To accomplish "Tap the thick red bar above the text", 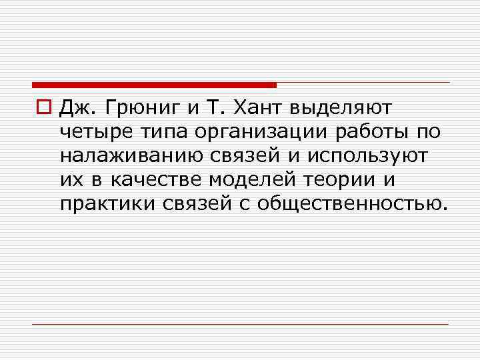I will point(154,85).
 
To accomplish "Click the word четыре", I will point(94,133).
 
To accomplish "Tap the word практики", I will point(107,203).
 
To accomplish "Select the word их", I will point(69,180).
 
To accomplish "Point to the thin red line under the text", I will point(240,324).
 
